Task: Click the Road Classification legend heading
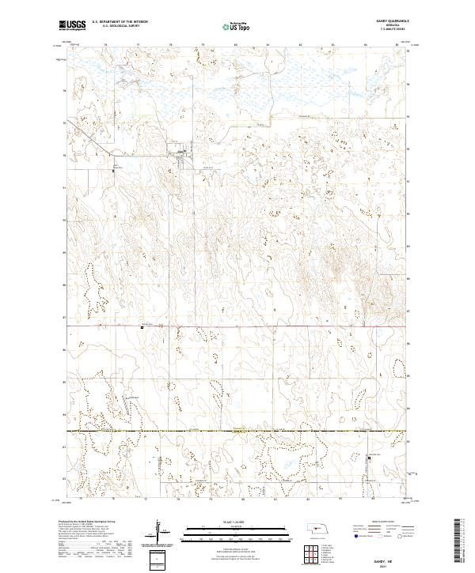384,522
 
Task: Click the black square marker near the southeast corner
369,456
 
